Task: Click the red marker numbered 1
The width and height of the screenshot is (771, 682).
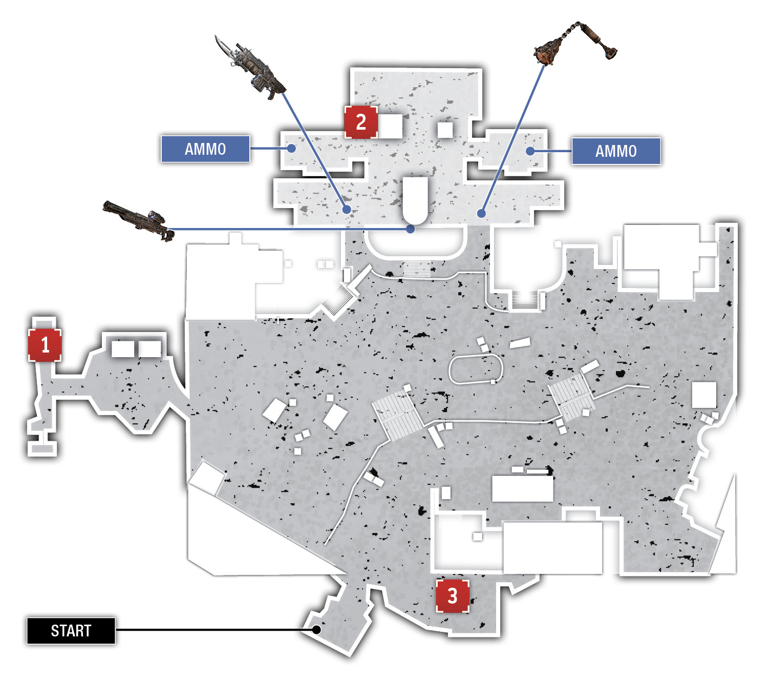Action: click(x=45, y=345)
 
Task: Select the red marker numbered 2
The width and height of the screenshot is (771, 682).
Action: click(x=361, y=122)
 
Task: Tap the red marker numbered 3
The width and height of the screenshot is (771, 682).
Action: click(x=452, y=596)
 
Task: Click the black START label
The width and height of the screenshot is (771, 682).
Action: click(x=71, y=631)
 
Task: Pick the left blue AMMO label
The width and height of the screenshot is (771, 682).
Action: click(x=205, y=149)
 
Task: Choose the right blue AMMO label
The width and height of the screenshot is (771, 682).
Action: click(x=616, y=151)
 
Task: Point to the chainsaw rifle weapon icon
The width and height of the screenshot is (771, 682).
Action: click(x=249, y=68)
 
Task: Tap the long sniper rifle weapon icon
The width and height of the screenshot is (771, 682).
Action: click(x=139, y=220)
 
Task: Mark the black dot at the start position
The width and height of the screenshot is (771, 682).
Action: click(x=316, y=630)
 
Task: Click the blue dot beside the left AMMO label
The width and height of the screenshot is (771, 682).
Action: click(x=291, y=148)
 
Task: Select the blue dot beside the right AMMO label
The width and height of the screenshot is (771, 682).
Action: click(x=530, y=151)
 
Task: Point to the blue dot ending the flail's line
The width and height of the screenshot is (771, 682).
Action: click(x=481, y=213)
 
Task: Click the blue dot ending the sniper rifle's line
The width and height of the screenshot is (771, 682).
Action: click(x=410, y=229)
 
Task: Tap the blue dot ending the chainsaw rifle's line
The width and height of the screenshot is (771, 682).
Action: click(x=346, y=209)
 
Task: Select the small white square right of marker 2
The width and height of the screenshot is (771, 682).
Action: click(x=445, y=130)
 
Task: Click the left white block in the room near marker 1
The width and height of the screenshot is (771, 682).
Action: click(x=122, y=348)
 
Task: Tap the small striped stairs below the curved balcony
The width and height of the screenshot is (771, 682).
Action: click(x=417, y=270)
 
